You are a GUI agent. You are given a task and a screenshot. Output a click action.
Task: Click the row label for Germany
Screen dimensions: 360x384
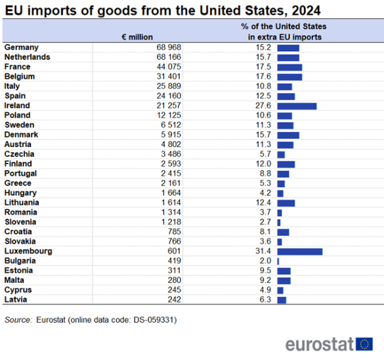22,48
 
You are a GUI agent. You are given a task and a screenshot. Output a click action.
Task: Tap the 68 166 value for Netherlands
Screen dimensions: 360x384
168,58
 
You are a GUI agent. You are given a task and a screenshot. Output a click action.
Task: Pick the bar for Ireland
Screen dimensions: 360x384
297,106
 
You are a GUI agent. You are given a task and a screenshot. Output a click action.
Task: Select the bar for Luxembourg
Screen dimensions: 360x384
300,252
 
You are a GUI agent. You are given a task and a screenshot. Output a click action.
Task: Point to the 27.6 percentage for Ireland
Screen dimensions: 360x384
263,106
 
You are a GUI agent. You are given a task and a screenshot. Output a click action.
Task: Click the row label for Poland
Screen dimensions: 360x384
18,116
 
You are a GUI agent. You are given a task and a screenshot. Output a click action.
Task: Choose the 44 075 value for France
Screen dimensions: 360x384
168,67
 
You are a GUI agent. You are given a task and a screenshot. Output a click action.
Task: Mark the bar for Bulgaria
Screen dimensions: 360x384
278,261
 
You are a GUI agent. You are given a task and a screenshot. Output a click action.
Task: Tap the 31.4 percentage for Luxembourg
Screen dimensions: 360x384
263,252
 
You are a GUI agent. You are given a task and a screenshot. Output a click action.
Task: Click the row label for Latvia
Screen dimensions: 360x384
16,300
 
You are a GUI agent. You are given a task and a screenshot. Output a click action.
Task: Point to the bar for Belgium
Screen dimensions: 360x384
289,77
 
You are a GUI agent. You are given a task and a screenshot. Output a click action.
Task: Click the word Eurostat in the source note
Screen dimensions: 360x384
54,320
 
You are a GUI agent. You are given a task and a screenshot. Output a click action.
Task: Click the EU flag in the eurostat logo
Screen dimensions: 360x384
366,344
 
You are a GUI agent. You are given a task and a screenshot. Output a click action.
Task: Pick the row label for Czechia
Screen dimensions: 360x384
20,154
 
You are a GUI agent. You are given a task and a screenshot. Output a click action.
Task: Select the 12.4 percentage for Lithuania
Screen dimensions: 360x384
263,203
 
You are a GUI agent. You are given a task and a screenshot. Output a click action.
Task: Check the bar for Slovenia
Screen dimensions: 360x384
279,223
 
